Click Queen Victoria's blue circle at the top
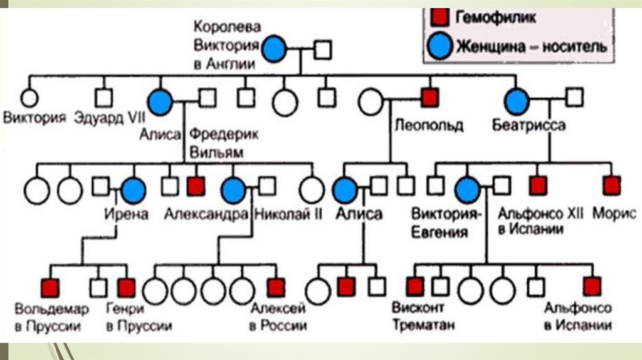(x=274, y=49)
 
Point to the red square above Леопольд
(x=429, y=97)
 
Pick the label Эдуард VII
(x=103, y=117)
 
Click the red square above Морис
(x=611, y=186)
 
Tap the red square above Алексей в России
(x=276, y=287)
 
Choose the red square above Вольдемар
(x=50, y=287)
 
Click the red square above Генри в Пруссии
(x=126, y=287)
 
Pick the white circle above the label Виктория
(x=28, y=98)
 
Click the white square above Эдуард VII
(x=103, y=97)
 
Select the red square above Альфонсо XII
(x=538, y=186)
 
